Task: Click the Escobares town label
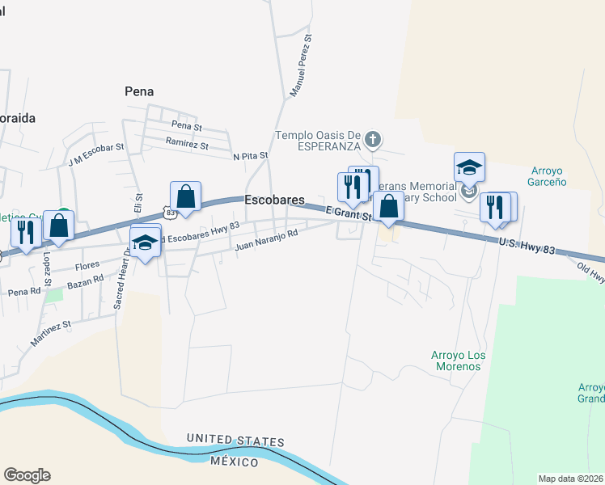tap(274, 200)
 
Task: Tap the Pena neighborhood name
tap(139, 92)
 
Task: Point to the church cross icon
tap(372, 140)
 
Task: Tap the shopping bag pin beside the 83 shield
tap(185, 196)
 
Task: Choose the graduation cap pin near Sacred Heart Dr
tap(145, 242)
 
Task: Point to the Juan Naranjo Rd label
tap(266, 239)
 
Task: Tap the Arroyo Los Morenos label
tap(456, 361)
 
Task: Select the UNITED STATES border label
tap(235, 441)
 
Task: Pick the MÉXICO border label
tap(234, 462)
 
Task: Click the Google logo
tap(27, 475)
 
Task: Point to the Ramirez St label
tap(187, 144)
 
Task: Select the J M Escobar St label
tap(96, 154)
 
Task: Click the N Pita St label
tap(250, 155)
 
